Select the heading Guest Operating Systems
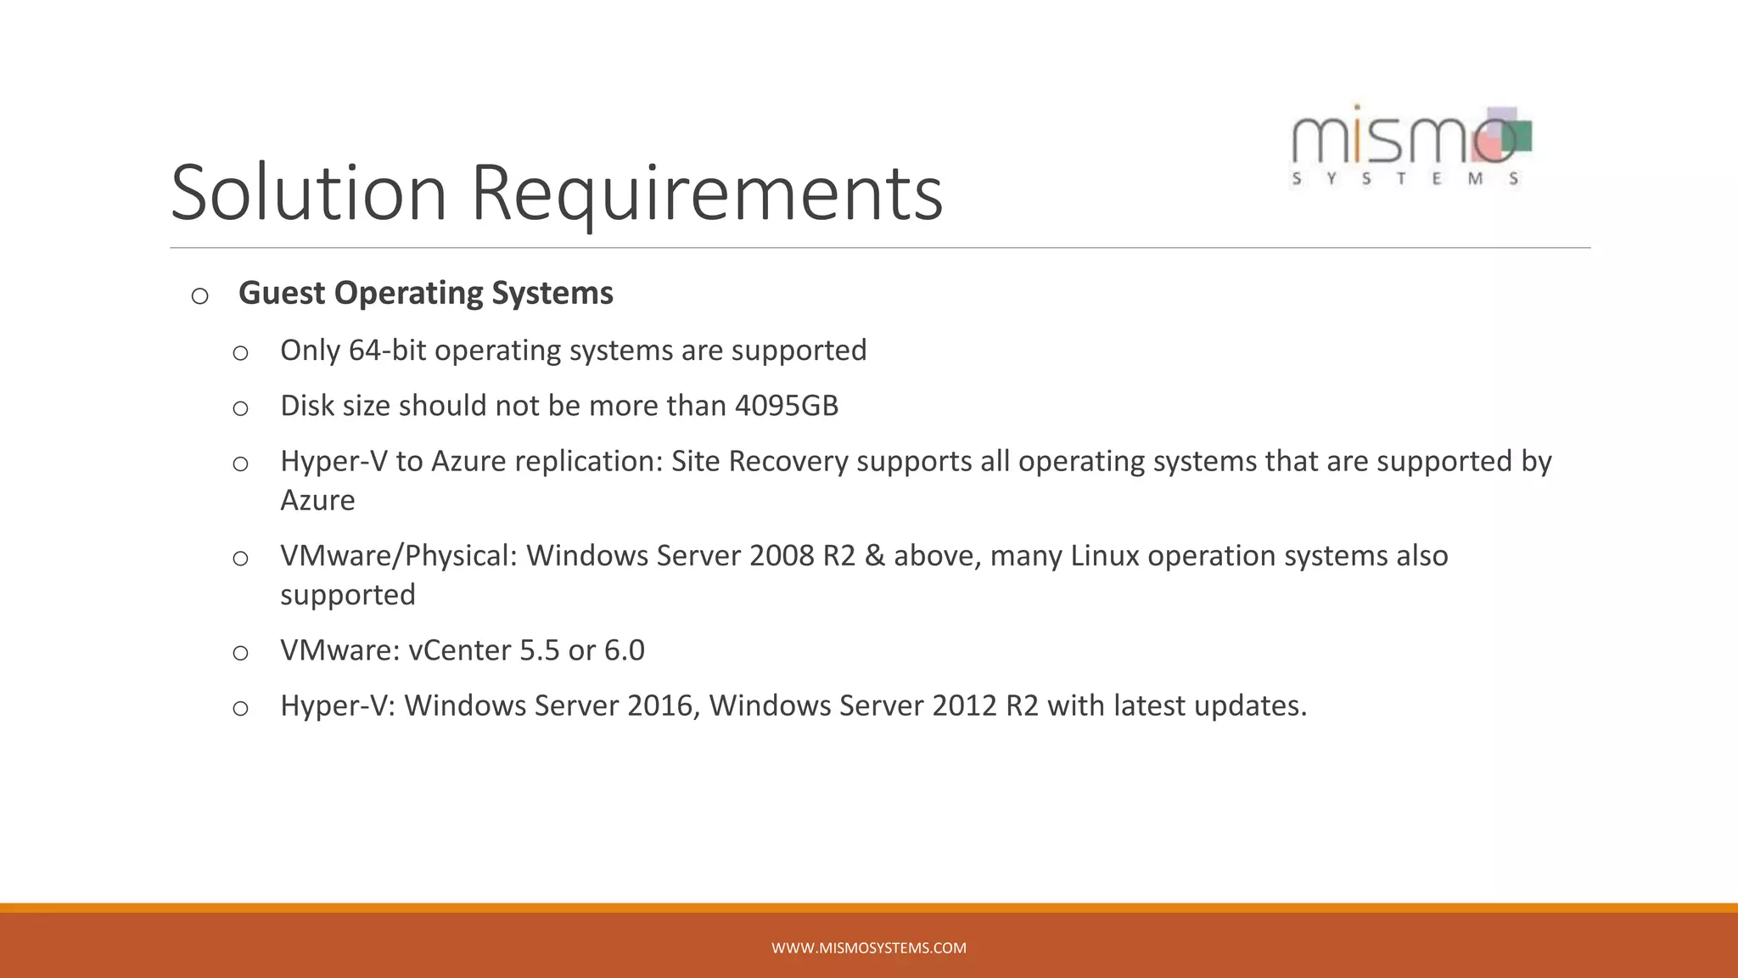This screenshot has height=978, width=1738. [x=425, y=293]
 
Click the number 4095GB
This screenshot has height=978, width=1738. [x=786, y=406]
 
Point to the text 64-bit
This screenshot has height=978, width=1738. [x=387, y=351]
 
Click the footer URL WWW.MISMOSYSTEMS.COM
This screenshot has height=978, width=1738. [x=868, y=948]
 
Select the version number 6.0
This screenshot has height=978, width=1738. [x=624, y=650]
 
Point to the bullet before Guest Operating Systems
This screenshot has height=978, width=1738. [x=200, y=295]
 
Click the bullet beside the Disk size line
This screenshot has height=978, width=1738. [x=240, y=408]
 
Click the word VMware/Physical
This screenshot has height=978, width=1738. [x=398, y=556]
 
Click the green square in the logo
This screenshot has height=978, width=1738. [x=1518, y=135]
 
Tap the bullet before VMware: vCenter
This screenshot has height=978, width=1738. [x=240, y=653]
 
